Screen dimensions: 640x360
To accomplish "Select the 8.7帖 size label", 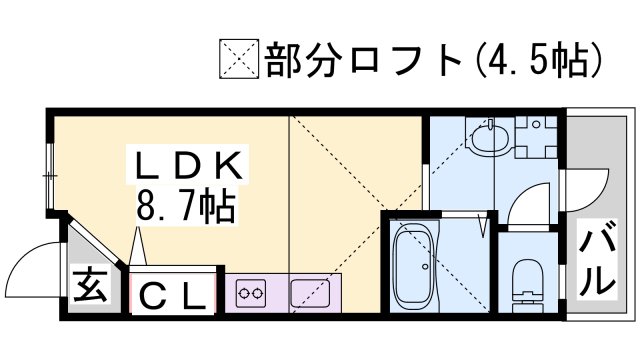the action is (184, 208).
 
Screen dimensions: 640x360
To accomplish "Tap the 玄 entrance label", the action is (91, 290).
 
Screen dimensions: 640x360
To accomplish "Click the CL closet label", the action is (176, 296).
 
